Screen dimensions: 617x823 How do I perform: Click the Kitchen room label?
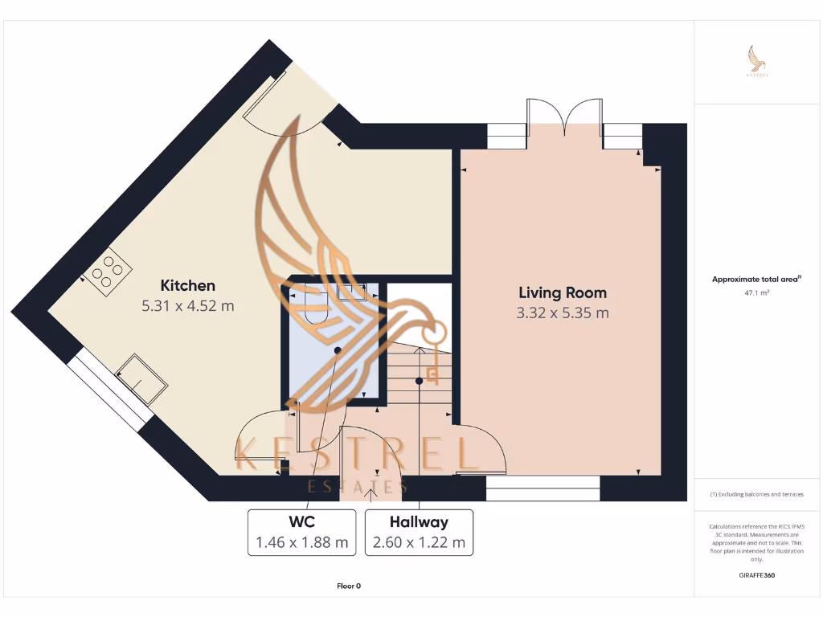[x=188, y=285]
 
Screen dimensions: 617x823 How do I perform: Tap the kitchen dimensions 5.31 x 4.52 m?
[x=188, y=306]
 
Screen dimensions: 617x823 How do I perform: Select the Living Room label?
[x=562, y=292]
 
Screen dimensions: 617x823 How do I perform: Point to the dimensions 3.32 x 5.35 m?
[x=562, y=313]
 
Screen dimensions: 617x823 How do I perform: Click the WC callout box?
[x=302, y=532]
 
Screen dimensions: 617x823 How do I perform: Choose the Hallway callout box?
[x=419, y=532]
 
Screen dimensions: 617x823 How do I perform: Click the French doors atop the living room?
[x=565, y=116]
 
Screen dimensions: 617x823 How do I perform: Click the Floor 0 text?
[x=348, y=586]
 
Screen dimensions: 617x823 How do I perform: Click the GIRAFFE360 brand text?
[x=756, y=575]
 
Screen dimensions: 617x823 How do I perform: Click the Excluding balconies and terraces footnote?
[x=756, y=494]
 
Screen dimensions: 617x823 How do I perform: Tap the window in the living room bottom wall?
[x=543, y=488]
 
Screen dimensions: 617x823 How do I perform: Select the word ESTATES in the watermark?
[x=358, y=486]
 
